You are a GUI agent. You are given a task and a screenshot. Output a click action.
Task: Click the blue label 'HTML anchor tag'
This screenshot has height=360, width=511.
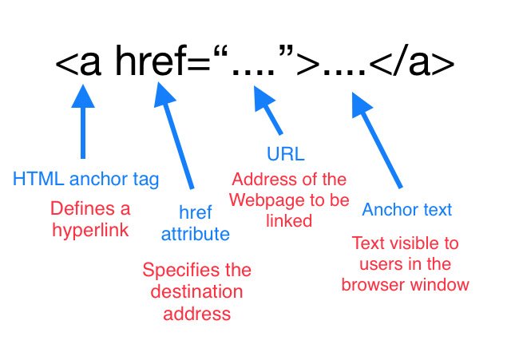click(x=85, y=179)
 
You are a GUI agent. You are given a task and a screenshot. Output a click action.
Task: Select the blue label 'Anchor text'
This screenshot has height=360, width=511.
click(x=406, y=210)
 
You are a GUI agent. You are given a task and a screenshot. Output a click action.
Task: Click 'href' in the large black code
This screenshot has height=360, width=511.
click(x=153, y=62)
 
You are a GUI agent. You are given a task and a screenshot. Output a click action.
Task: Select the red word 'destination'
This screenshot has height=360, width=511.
click(x=196, y=291)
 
